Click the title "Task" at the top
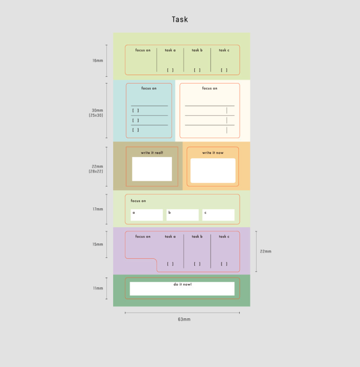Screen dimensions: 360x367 tap(180, 20)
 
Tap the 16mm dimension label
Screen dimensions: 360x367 tap(98, 61)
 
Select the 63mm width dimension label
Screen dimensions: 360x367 tap(184, 319)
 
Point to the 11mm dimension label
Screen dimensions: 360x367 tap(98, 288)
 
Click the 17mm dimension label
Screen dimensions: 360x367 tap(98, 209)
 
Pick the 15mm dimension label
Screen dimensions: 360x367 tap(98, 244)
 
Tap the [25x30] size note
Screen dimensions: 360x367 tap(96, 115)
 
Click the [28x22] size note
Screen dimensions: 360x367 tap(96, 171)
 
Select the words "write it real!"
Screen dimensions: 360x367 tap(152, 152)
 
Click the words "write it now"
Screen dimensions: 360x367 tap(213, 152)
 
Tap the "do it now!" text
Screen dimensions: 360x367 tap(182, 284)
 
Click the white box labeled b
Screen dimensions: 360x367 tap(182, 215)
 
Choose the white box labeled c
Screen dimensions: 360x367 tap(218, 215)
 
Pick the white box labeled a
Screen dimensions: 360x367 tap(147, 215)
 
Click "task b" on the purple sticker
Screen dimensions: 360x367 tap(197, 236)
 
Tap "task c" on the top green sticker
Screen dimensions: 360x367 tap(224, 50)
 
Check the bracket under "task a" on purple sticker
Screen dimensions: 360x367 tap(170, 264)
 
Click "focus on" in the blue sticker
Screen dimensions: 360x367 tap(149, 88)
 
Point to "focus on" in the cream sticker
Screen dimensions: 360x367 tap(209, 88)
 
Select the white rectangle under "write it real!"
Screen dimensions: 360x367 tap(152, 169)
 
